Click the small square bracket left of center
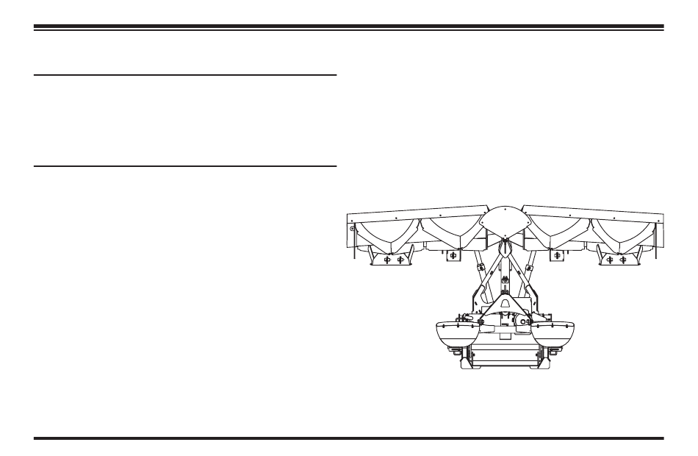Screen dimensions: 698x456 click(453, 255)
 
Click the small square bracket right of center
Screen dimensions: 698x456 click(558, 255)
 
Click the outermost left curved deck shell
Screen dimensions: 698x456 click(382, 233)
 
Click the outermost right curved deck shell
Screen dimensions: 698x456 click(627, 233)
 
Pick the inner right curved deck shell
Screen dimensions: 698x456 click(561, 233)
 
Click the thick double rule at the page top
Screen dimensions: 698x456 click(349, 27)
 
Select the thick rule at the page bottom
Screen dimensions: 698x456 click(349, 438)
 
